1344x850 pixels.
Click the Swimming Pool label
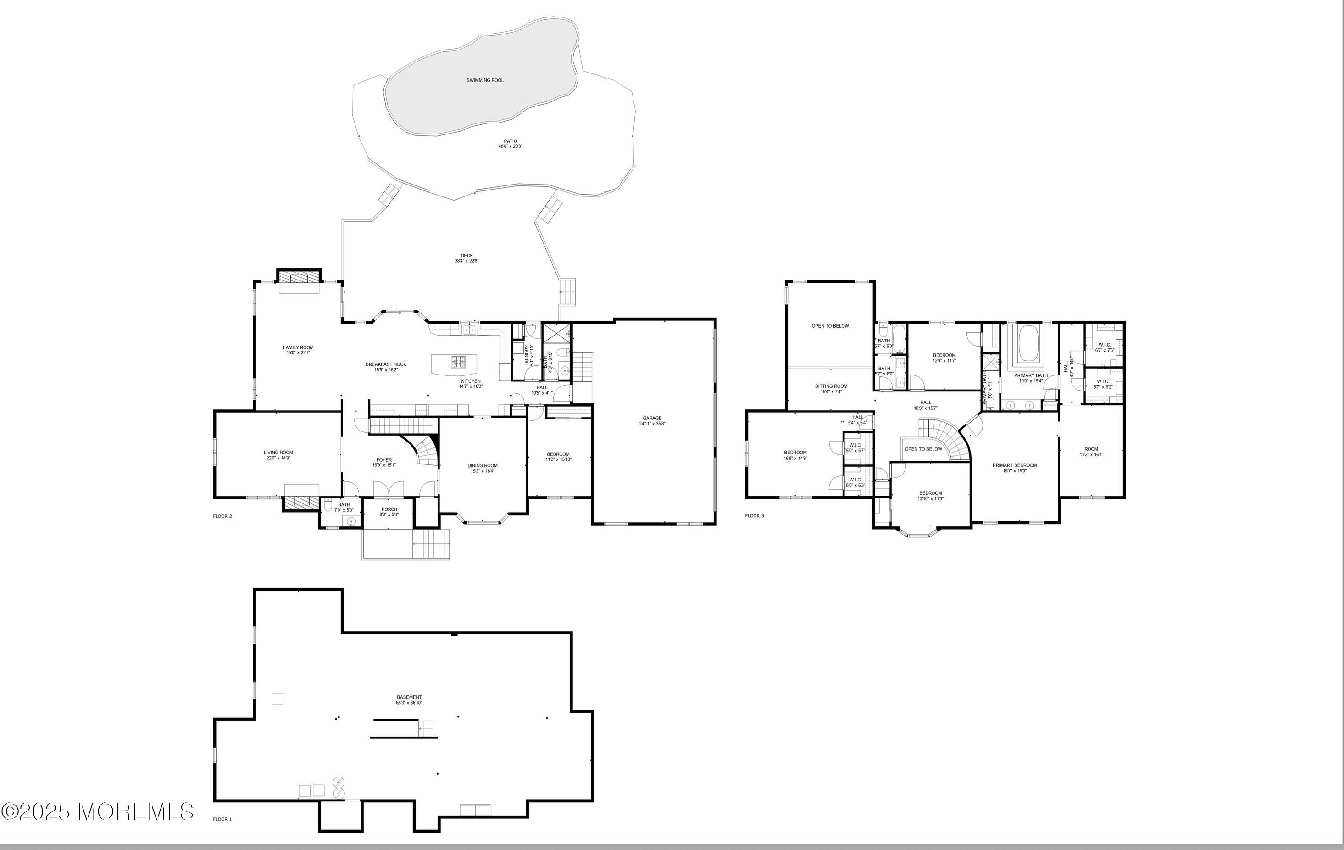484,80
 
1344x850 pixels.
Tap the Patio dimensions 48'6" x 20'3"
510,146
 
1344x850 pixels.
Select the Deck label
467,256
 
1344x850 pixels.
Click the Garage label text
652,418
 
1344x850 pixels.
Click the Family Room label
298,347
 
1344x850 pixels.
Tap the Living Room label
278,453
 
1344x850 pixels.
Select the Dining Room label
482,465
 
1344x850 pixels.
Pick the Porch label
389,509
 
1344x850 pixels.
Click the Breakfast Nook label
386,364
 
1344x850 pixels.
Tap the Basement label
409,697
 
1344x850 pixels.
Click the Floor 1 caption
222,819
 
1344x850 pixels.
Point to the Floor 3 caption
755,515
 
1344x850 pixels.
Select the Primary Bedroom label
1014,465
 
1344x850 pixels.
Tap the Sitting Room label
831,386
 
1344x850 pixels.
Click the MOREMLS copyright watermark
98,811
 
